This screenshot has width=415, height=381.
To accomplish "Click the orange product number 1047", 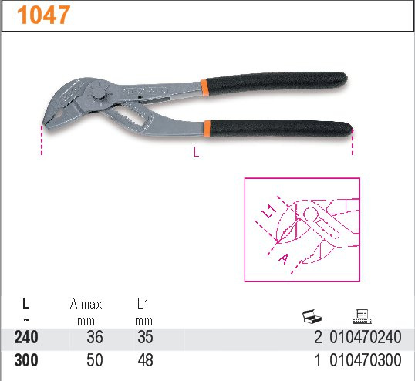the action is click(x=44, y=15).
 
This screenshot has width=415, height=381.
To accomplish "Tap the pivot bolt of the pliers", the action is click(x=99, y=95).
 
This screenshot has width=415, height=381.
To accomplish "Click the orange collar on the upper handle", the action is click(x=204, y=87).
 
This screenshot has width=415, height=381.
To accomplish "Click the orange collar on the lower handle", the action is click(x=207, y=129).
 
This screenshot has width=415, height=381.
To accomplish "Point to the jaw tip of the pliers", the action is click(x=45, y=124).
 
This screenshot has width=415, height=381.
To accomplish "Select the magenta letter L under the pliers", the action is click(x=196, y=152).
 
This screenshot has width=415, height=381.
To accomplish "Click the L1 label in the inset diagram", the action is click(x=268, y=211).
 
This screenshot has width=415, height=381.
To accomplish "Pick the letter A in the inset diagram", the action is click(x=283, y=258).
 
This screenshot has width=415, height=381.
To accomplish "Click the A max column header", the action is click(x=86, y=305).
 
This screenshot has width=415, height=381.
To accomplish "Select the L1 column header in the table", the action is click(x=143, y=304).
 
